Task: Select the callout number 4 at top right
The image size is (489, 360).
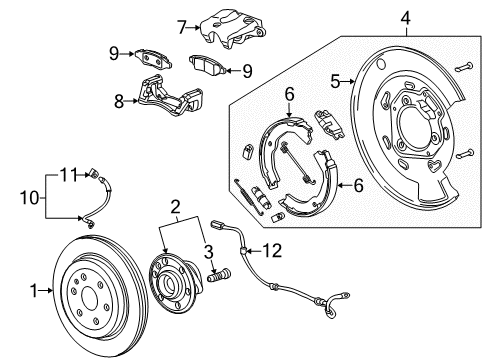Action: (405, 17)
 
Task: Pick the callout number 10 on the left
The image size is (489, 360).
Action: (27, 198)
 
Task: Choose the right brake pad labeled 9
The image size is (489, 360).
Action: (206, 67)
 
